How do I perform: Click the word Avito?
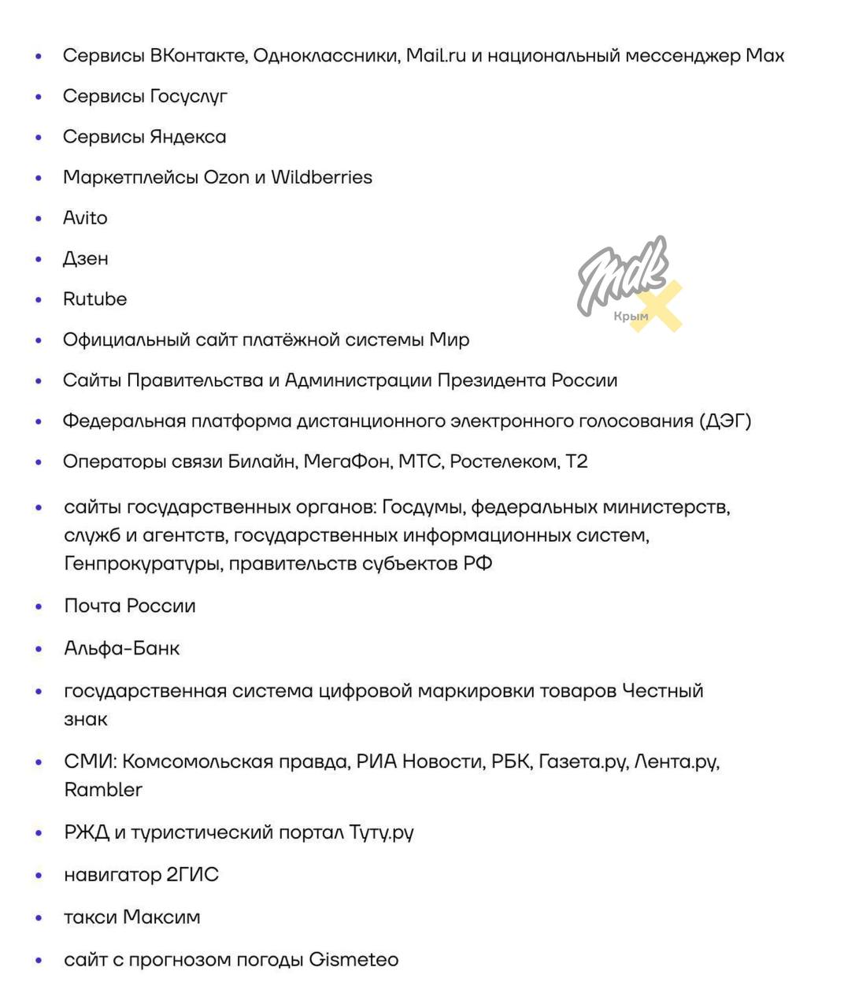[85, 217]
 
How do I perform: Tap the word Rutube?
[94, 299]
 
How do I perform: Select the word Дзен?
[86, 258]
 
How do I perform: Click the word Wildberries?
[321, 177]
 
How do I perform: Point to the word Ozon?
[226, 177]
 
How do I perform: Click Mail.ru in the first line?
[436, 55]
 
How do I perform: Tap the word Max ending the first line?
[764, 55]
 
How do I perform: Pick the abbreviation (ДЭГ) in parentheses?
[725, 421]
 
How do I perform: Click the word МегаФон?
[347, 461]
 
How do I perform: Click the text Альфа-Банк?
[122, 648]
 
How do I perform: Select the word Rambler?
[103, 790]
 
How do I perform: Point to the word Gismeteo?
[354, 960]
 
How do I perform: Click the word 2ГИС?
[192, 875]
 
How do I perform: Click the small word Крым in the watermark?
[631, 317]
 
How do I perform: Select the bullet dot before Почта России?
[39, 606]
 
